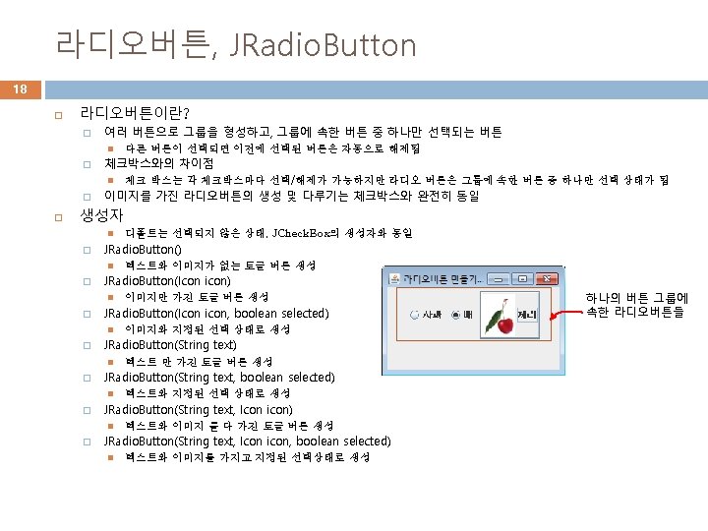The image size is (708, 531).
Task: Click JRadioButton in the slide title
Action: coord(325,44)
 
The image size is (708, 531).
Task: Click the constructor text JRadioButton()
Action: coord(143,250)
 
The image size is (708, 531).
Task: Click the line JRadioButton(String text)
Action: coord(170,345)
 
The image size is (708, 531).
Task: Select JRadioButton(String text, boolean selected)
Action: coord(219,377)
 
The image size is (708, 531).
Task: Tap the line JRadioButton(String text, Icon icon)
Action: coord(198,409)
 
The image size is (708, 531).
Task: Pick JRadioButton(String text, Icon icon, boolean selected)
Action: coord(247,441)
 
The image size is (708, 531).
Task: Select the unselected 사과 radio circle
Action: coord(414,316)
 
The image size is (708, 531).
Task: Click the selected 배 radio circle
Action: coord(455,316)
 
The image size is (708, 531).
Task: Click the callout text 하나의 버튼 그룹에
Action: coord(636,297)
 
